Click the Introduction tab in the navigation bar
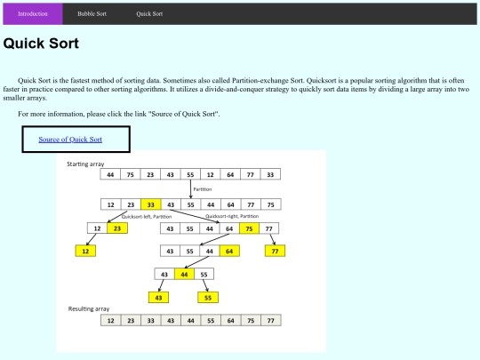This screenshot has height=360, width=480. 33,13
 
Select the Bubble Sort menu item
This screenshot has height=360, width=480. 92,13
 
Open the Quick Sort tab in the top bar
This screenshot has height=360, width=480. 149,13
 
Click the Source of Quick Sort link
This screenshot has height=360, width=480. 70,140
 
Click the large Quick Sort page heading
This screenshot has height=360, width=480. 41,44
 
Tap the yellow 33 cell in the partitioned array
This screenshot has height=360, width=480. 150,204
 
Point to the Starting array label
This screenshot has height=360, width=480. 85,164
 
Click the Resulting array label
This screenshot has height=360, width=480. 89,308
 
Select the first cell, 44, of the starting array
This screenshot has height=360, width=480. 110,174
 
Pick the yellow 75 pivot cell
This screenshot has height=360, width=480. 249,228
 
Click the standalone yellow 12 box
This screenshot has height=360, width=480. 85,251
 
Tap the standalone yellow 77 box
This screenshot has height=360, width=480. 275,251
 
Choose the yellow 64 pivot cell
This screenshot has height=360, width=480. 229,251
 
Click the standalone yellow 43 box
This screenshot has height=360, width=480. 158,298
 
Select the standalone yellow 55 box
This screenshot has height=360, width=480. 208,298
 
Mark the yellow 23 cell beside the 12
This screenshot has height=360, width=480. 117,228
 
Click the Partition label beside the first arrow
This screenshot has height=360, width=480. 203,189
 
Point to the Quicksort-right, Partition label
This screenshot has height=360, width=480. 232,216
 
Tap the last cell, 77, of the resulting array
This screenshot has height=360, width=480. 270,321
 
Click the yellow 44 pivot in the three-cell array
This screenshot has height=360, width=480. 184,275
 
